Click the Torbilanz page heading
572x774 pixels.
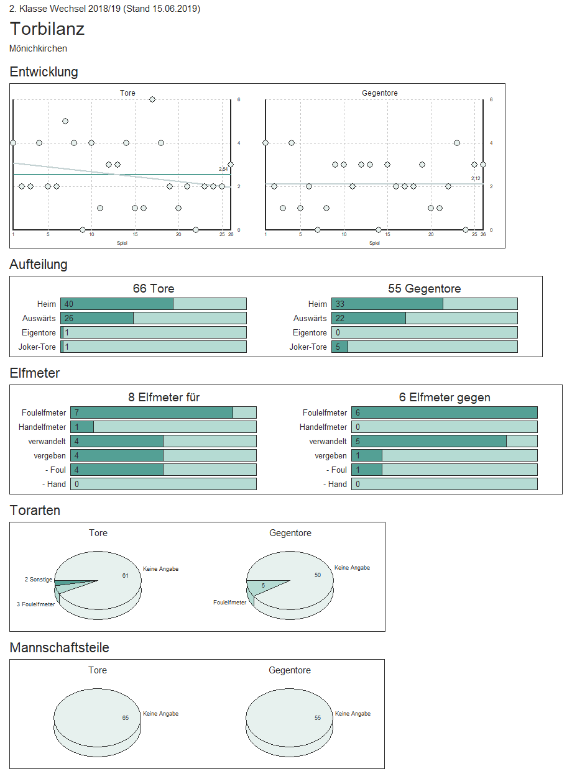pyautogui.click(x=47, y=29)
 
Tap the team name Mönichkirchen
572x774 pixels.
pyautogui.click(x=39, y=48)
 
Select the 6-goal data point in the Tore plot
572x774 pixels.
pyautogui.click(x=152, y=99)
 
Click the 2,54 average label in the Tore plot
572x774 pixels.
pyautogui.click(x=223, y=169)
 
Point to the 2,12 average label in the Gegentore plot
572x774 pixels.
pyautogui.click(x=476, y=178)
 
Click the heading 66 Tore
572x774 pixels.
pyautogui.click(x=154, y=289)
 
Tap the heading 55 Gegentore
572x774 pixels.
pyautogui.click(x=425, y=289)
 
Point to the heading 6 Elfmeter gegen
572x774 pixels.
pyautogui.click(x=445, y=398)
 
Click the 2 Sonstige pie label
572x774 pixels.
pyautogui.click(x=39, y=580)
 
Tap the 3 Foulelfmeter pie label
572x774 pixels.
pyautogui.click(x=36, y=604)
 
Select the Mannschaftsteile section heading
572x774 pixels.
pyautogui.click(x=60, y=648)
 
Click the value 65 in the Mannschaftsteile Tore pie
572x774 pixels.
pyautogui.click(x=126, y=717)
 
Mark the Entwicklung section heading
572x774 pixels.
pyautogui.click(x=44, y=72)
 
